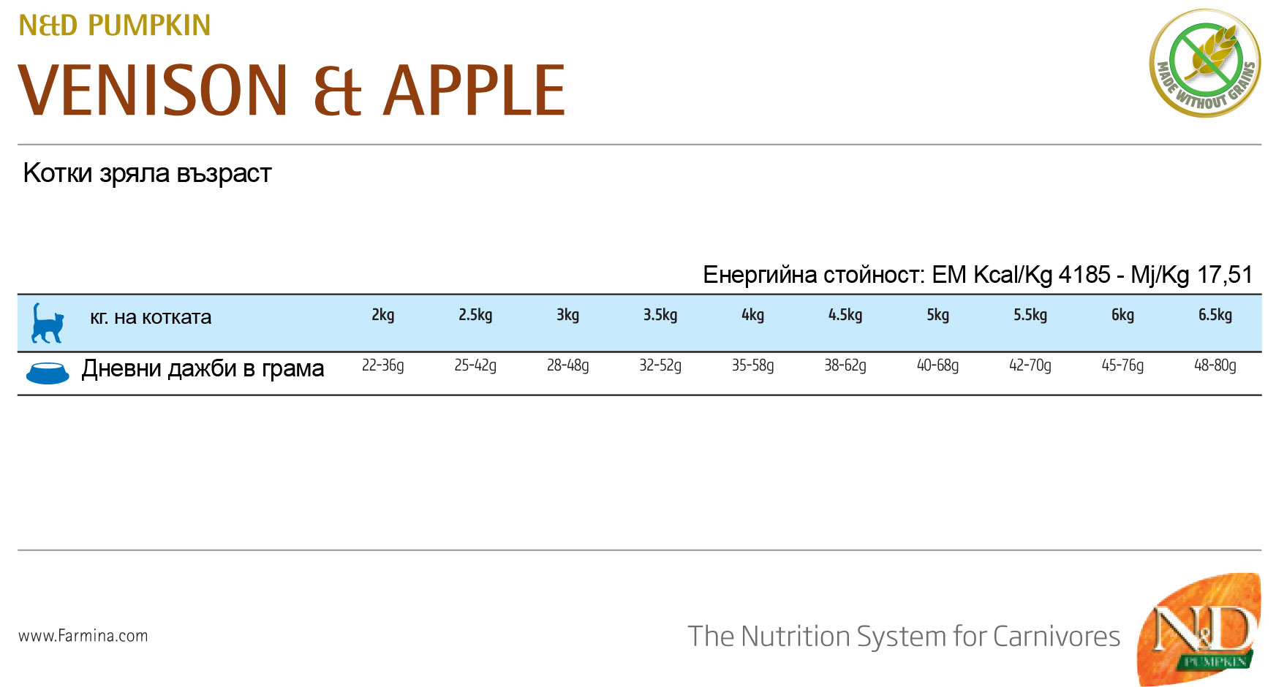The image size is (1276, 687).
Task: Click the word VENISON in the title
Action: point(154,90)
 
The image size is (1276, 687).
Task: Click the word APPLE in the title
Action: point(475,90)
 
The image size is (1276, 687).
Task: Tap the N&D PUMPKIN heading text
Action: point(115,26)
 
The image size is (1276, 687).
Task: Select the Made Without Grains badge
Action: point(1205,63)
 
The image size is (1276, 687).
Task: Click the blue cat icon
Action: point(47,323)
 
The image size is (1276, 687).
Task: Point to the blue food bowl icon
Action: point(48,373)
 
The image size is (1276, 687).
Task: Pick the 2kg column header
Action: point(383,315)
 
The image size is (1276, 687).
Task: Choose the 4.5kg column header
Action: point(845,315)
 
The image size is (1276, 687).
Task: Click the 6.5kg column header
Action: point(1215,315)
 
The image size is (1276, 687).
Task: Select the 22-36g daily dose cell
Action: point(383,365)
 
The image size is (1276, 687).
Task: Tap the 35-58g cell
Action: point(753,365)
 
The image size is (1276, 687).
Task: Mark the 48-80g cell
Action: point(1215,365)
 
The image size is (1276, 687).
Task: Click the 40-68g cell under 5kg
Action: point(938,365)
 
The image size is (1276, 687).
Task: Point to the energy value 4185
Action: point(1084,275)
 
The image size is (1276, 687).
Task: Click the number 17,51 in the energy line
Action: point(1225,275)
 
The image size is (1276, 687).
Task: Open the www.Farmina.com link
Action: point(83,636)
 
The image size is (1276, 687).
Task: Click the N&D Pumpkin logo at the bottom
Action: point(1199,629)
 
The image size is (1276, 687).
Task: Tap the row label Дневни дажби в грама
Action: point(203,368)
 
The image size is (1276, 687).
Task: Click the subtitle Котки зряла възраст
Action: point(148,174)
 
